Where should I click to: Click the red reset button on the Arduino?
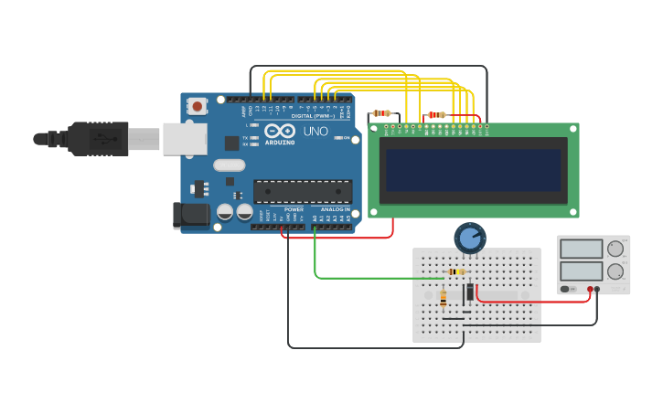pos(198,107)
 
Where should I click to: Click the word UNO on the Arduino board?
pos(315,132)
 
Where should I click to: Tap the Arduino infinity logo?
pos(278,132)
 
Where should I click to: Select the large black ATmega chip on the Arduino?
pos(303,191)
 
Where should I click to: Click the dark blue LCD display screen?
pos(473,170)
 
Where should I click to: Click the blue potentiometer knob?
pos(470,239)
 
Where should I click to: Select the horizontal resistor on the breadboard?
pos(455,271)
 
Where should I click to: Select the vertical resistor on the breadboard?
pos(444,298)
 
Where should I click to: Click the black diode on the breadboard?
pos(469,292)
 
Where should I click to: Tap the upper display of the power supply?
pos(581,249)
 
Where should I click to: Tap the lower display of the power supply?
pos(581,271)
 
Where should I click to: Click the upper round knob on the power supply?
pos(615,249)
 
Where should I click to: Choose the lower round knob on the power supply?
pos(615,271)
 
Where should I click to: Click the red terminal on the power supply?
pos(590,290)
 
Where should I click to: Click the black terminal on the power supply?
pos(597,290)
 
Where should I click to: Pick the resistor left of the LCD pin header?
pos(381,113)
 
